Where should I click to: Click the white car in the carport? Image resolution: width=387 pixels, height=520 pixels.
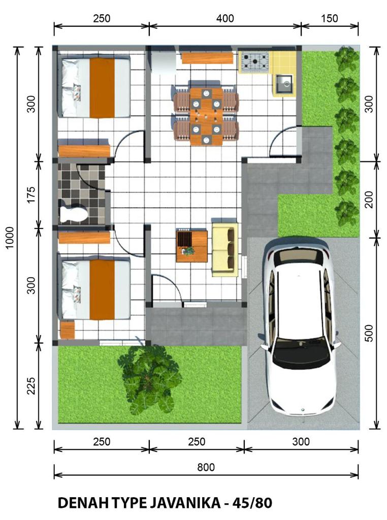[300, 327]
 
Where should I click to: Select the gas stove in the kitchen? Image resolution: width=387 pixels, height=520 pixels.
[254, 61]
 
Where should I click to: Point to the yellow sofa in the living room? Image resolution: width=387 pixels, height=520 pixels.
[225, 249]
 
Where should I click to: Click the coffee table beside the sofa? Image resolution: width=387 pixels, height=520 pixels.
[191, 246]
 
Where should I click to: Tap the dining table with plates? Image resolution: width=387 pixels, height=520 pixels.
[206, 116]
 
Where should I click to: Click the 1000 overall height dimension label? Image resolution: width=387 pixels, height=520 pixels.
[10, 238]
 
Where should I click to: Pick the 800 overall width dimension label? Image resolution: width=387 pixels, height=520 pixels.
[206, 467]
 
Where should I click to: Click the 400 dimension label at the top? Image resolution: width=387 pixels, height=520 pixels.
[225, 18]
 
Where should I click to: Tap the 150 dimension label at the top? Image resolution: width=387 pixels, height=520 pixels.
[330, 18]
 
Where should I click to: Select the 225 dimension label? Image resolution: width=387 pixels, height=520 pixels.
[31, 385]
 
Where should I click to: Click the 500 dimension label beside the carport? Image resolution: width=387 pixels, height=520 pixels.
[369, 333]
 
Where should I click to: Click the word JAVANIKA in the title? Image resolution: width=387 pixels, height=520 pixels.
[185, 503]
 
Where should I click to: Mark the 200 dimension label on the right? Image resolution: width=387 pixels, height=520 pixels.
[369, 199]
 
